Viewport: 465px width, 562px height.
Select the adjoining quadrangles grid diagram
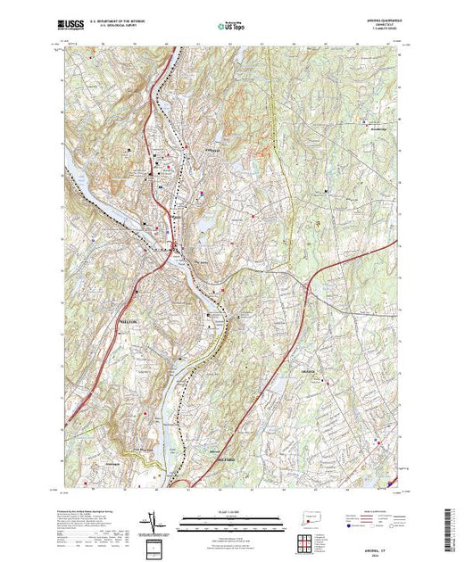306,541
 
